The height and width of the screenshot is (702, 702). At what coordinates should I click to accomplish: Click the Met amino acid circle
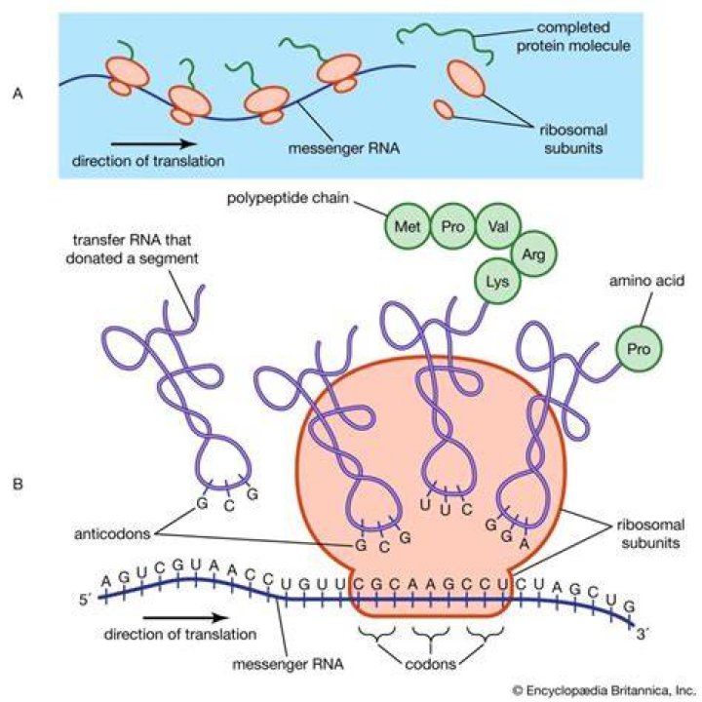pos(407,226)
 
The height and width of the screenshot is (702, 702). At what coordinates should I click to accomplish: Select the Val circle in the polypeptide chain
pos(498,226)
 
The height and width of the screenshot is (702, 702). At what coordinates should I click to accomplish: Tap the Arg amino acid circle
pos(533,254)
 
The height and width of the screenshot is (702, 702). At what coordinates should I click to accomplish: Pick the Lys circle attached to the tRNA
pos(497,282)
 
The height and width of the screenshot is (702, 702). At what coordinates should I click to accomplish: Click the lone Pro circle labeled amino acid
pos(639,349)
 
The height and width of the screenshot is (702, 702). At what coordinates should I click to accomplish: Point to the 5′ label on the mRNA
pos(85,600)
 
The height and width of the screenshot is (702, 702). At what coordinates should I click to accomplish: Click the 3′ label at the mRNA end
pos(642,634)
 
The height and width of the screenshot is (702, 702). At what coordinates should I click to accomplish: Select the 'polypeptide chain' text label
pos(288,198)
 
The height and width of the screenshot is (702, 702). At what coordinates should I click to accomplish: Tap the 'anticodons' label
pos(112,533)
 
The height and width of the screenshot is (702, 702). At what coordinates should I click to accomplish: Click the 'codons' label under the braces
pos(430,663)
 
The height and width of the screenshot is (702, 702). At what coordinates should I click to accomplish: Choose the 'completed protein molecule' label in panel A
pos(573,36)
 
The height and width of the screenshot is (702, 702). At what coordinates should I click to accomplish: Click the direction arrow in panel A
pos(154,143)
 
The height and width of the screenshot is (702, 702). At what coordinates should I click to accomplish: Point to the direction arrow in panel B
pos(186,618)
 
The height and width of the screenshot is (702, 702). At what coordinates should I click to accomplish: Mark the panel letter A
pos(18,94)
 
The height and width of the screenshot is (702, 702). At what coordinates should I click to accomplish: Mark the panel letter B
pos(18,484)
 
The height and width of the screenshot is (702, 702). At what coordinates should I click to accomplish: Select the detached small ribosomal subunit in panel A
pos(445,109)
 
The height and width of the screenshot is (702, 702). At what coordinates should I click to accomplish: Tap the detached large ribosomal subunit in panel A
pos(466,78)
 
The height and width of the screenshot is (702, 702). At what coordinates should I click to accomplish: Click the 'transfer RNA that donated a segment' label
pos(132,249)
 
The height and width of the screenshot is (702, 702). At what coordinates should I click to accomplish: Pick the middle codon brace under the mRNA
pos(430,635)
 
